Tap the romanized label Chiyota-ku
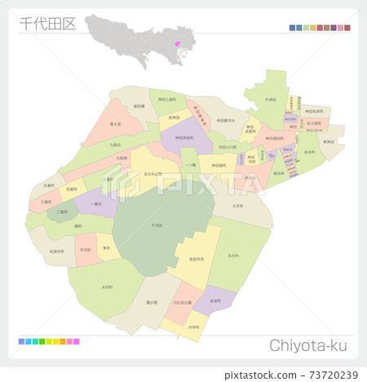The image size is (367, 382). [310, 346]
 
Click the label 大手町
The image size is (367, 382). [237, 206]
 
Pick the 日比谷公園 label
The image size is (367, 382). [183, 302]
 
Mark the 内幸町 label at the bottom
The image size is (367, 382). [193, 327]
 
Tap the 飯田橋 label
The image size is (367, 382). [139, 106]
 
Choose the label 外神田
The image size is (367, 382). [271, 99]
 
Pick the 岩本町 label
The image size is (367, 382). [310, 152]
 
